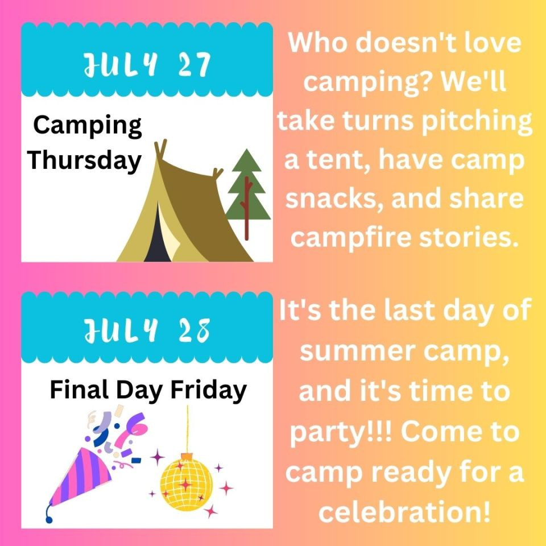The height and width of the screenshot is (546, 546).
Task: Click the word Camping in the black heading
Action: click(x=88, y=126)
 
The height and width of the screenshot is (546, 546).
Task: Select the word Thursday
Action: click(x=85, y=161)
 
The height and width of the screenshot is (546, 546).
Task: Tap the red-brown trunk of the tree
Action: click(x=247, y=208)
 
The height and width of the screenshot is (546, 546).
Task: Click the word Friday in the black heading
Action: click(x=208, y=391)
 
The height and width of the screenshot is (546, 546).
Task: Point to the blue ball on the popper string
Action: click(x=49, y=519)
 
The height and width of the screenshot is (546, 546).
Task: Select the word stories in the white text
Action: click(x=467, y=237)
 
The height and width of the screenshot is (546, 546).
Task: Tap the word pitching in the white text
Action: click(x=477, y=122)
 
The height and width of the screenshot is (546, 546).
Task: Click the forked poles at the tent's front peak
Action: click(x=160, y=149)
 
